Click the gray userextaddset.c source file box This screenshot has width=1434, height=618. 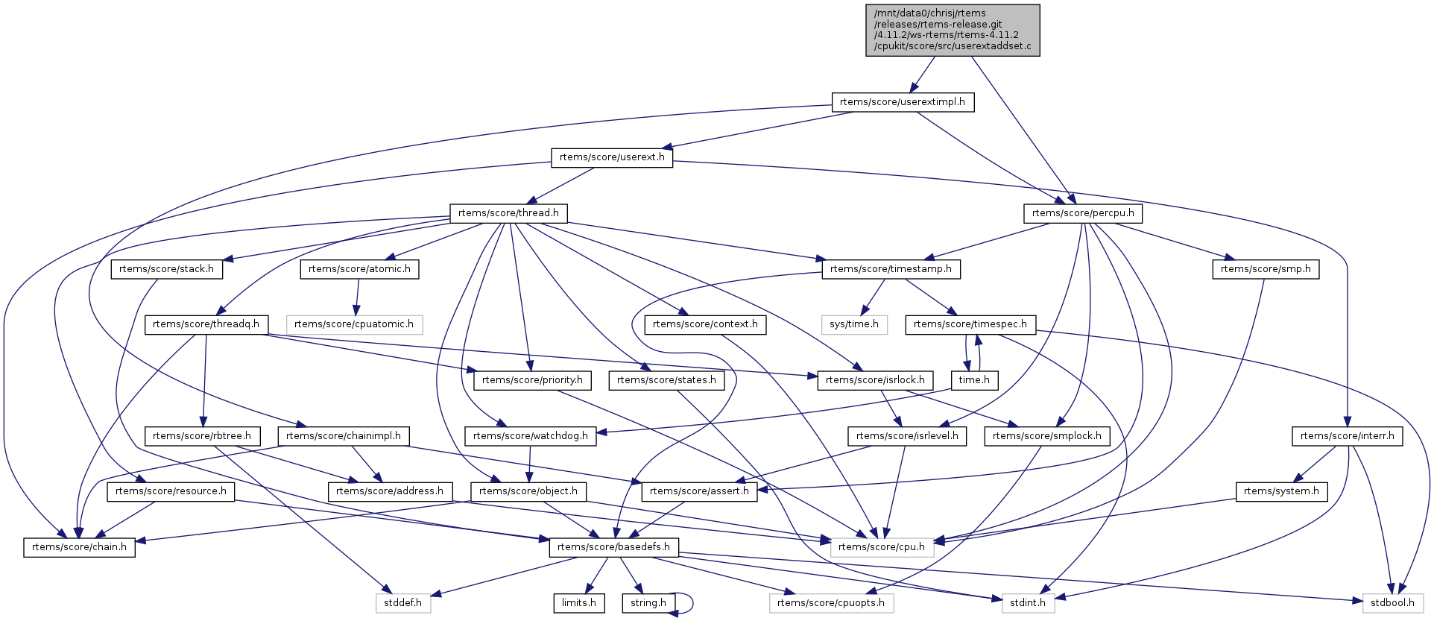point(953,30)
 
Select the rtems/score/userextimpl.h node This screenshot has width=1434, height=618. point(902,102)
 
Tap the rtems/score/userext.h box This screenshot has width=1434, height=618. point(612,157)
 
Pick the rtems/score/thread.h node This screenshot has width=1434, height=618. point(508,213)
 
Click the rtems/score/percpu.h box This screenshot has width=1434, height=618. point(1083,213)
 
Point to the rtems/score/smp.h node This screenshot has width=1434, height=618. point(1266,269)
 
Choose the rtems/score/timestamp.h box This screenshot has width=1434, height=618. point(891,269)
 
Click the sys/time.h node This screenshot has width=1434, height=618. point(854,324)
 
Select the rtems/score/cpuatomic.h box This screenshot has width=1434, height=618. point(354,324)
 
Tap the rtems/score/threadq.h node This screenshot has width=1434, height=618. point(206,324)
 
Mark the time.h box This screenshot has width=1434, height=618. point(974,380)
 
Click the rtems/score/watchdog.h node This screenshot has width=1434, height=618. point(530,436)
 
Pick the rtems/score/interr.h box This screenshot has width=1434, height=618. point(1347,436)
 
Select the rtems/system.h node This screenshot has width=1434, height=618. point(1281,491)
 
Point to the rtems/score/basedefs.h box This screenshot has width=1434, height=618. point(613,547)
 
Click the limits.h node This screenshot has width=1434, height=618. point(578,603)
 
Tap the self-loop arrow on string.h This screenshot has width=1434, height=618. point(692,603)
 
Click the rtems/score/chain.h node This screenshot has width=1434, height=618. point(79,547)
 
